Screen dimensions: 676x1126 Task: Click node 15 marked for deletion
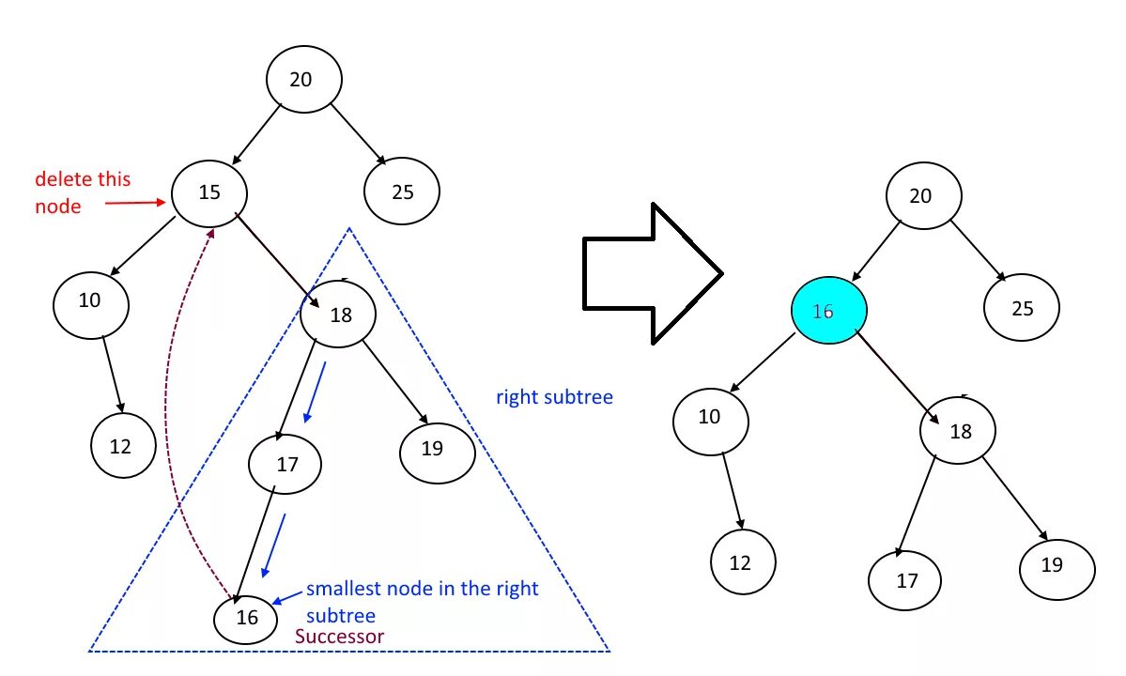click(x=209, y=192)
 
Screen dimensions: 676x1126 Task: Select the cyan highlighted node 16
click(x=828, y=310)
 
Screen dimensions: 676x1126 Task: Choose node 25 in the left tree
click(x=402, y=192)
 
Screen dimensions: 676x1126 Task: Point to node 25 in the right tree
click(x=1022, y=308)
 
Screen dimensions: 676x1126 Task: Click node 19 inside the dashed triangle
click(x=436, y=450)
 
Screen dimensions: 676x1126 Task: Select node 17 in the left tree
click(x=285, y=463)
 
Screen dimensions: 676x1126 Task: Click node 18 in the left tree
click(x=338, y=315)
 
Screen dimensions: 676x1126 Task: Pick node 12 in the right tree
click(x=740, y=562)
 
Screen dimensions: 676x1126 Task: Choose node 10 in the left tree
click(x=90, y=301)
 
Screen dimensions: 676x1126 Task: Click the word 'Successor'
click(x=339, y=637)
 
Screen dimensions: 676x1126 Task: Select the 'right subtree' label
click(x=554, y=397)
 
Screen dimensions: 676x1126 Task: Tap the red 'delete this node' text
click(x=83, y=192)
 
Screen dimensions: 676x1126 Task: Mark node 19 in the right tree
click(x=1057, y=565)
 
